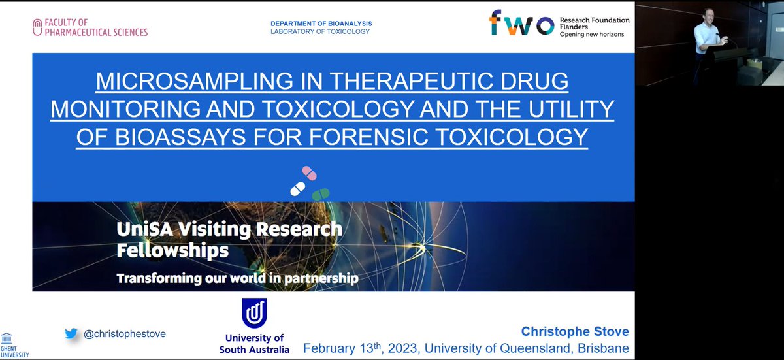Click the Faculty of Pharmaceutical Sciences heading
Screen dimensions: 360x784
[91, 27]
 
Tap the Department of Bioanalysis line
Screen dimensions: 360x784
[321, 24]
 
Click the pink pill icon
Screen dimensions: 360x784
[309, 174]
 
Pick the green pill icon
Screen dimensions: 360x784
[320, 193]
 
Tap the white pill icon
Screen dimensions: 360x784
[297, 189]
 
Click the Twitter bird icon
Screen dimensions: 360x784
[71, 334]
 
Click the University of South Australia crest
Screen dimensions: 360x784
[254, 312]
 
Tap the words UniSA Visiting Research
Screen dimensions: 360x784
[229, 229]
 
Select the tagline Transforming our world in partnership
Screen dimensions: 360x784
[237, 278]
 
